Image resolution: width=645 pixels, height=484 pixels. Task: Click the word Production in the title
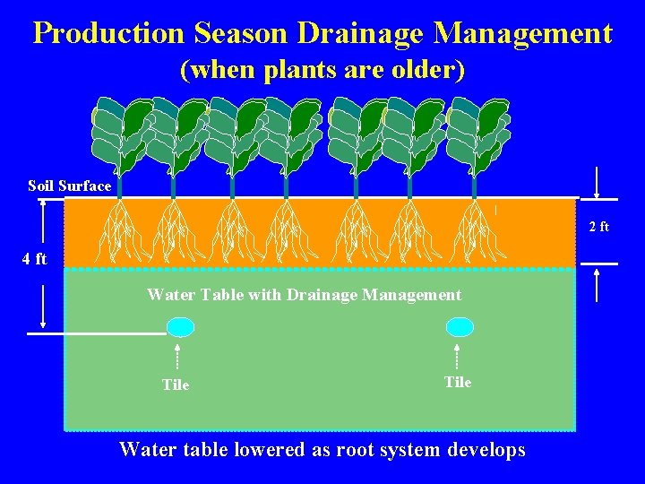tap(109, 34)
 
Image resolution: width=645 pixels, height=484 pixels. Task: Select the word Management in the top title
tap(522, 34)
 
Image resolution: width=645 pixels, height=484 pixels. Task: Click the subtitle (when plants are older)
tap(322, 70)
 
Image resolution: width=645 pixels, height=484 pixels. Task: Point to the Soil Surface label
tap(70, 186)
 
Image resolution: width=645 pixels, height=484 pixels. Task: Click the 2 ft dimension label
tap(598, 227)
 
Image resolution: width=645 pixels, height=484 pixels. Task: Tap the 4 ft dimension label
tap(34, 260)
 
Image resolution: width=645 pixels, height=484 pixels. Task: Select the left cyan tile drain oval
tap(181, 327)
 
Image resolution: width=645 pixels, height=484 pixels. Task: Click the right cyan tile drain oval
tap(460, 327)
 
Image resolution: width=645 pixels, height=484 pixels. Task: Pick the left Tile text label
tap(176, 385)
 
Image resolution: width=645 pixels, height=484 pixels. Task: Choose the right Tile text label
tap(458, 382)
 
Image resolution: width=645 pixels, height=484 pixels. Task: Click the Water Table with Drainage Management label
tap(304, 295)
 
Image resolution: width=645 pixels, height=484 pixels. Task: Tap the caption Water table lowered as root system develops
tap(322, 449)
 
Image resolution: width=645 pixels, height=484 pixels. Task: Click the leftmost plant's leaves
tap(120, 134)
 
